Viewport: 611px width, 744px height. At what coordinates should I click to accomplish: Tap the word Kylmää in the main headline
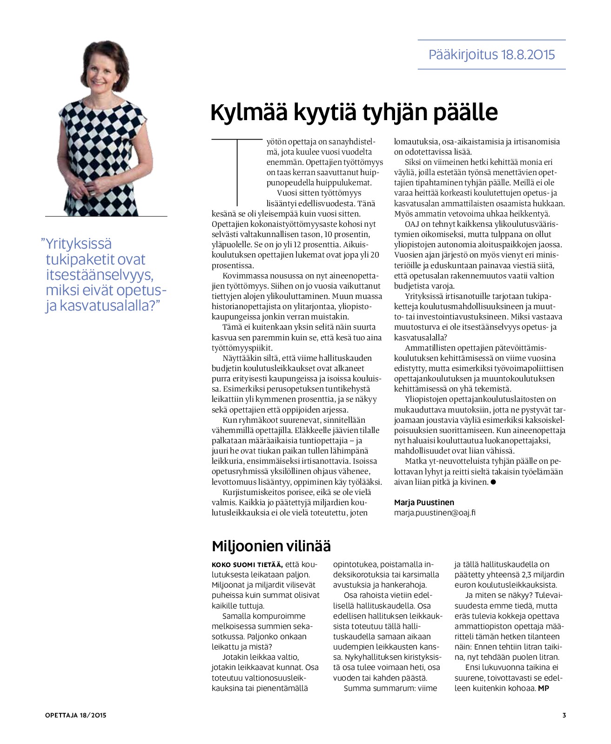point(246,112)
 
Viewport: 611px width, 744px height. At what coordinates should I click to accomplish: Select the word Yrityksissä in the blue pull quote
point(79,244)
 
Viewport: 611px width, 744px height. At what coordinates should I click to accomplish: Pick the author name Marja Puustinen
point(424,502)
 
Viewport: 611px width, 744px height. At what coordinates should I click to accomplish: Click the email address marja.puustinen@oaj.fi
point(435,513)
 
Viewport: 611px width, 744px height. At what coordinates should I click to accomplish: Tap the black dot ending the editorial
point(493,482)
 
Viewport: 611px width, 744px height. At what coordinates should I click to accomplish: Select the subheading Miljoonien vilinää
point(271,546)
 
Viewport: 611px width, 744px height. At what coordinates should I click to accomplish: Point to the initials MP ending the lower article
point(544,688)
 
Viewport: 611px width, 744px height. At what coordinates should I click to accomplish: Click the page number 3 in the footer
point(564,715)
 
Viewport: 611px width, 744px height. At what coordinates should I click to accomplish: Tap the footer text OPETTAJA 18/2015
point(76,715)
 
